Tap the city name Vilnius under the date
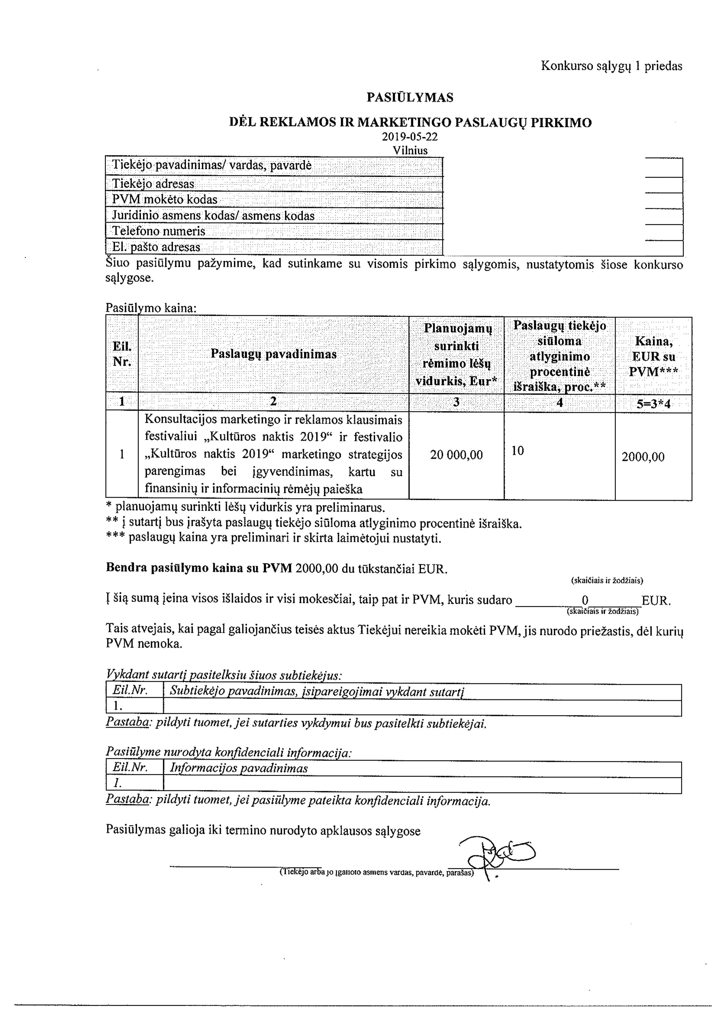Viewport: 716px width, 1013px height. coord(410,150)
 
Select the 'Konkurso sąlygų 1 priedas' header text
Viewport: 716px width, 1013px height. coord(612,66)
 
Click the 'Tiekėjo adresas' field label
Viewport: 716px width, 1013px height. coord(153,184)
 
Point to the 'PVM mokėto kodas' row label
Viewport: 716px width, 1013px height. coord(164,199)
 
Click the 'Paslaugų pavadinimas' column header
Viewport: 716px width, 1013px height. coord(274,354)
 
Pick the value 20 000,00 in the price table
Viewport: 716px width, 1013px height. coord(456,455)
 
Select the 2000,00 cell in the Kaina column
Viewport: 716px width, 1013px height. coord(643,457)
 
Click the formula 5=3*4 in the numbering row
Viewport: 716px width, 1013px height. coord(653,404)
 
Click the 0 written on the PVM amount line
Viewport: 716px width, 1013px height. coord(585,600)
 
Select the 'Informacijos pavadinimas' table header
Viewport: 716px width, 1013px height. coord(239,768)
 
